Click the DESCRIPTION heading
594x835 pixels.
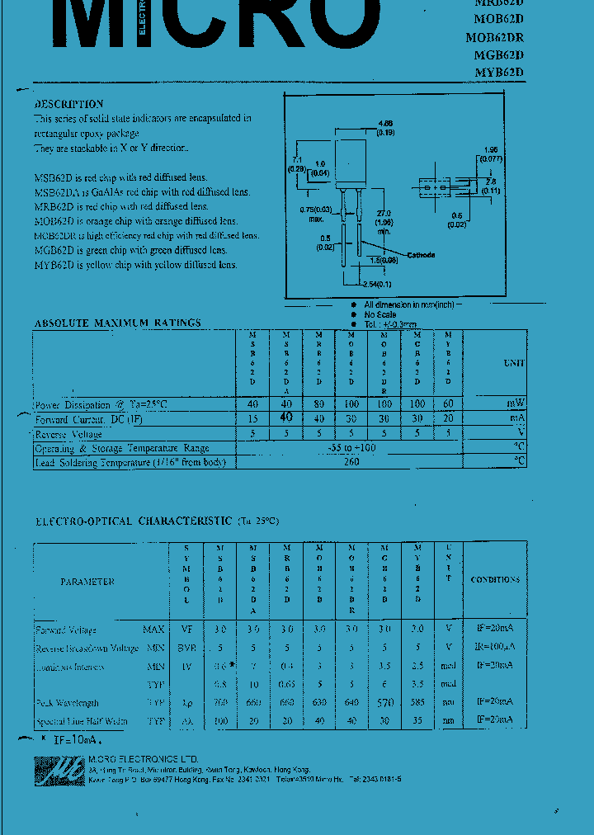tap(68, 104)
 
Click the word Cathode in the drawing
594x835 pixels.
tap(421, 255)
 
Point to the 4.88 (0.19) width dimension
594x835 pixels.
tap(384, 127)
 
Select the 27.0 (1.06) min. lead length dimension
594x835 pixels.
tap(382, 221)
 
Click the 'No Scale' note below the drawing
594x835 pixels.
tap(380, 314)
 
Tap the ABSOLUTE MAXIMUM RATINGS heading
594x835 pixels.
tap(117, 323)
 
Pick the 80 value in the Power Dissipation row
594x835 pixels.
tap(318, 404)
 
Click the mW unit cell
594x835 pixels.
tap(516, 403)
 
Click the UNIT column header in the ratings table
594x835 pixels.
tap(513, 363)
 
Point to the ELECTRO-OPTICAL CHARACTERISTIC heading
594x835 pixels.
tap(133, 521)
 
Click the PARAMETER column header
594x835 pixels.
tap(87, 582)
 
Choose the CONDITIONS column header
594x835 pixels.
tap(495, 580)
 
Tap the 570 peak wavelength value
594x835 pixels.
tap(385, 702)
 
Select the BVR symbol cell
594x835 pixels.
tap(186, 648)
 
